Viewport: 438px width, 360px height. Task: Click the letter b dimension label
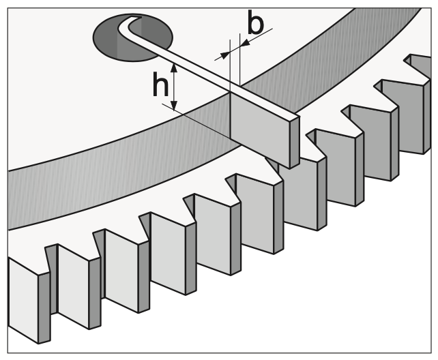(x=255, y=22)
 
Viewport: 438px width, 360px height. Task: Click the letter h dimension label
(x=160, y=84)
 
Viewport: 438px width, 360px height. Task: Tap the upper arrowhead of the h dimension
(x=174, y=68)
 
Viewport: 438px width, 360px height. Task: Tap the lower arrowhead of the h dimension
(x=174, y=105)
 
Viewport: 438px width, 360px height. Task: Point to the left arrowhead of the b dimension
(x=224, y=55)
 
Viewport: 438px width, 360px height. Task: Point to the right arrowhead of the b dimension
(x=245, y=43)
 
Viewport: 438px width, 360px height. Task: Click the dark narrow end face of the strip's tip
(x=295, y=142)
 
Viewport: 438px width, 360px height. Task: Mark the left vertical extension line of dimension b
(x=230, y=65)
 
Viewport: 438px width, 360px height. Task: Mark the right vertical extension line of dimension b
(x=239, y=59)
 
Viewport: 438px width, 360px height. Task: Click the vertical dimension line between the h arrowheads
(x=174, y=87)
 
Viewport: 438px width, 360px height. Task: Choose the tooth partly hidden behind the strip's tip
(x=299, y=192)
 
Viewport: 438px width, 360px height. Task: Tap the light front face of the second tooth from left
(x=73, y=286)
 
